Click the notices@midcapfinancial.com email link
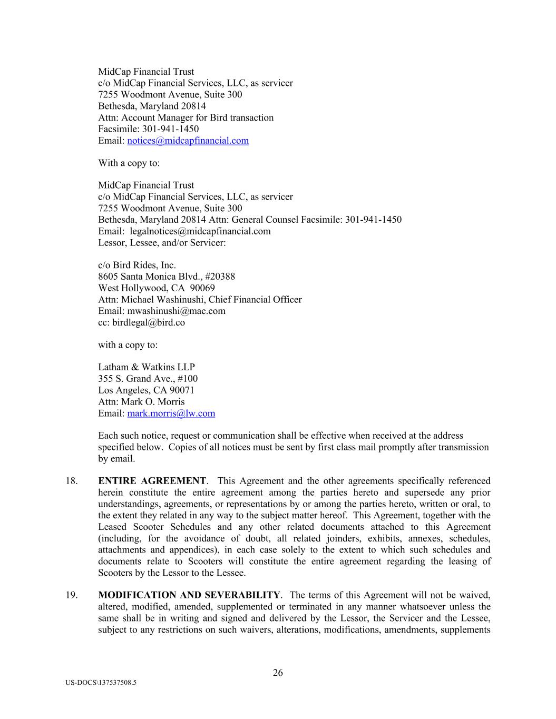point(188,141)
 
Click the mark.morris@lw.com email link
point(171,413)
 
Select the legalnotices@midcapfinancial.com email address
point(200,231)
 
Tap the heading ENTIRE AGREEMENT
point(152,481)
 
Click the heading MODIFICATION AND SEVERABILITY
point(189,595)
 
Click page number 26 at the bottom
point(278,673)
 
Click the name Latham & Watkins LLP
point(146,367)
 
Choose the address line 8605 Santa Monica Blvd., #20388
point(167,277)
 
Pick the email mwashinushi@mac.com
point(176,311)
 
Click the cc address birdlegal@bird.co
point(149,322)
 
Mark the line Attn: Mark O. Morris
point(141,402)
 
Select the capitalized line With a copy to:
point(129,163)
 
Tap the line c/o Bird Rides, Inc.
point(137,265)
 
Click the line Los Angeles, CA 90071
point(146,390)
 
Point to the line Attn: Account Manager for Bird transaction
point(186,117)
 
